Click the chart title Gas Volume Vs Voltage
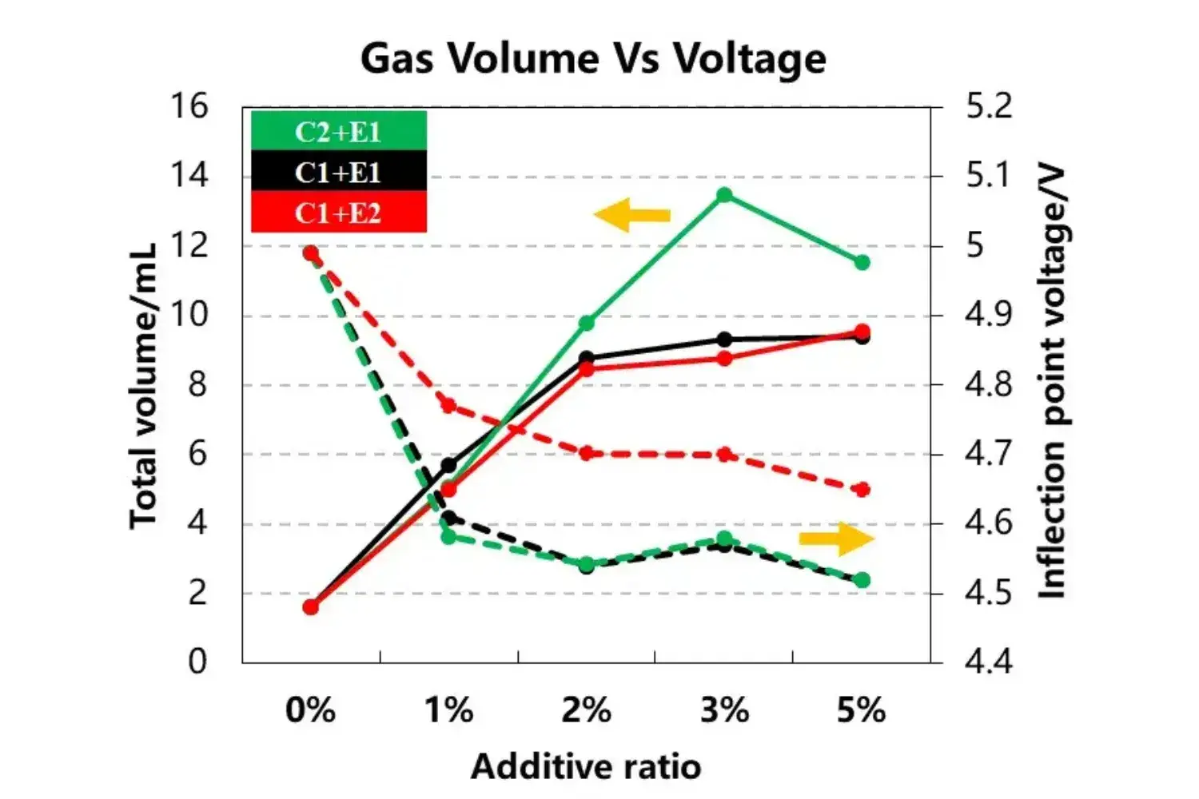click(x=593, y=58)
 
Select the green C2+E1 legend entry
click(x=338, y=131)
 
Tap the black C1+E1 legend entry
click(x=338, y=172)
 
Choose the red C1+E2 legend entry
click(x=338, y=213)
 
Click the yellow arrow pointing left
click(x=631, y=215)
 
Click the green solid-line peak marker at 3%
click(x=724, y=195)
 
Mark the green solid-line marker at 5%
click(x=862, y=262)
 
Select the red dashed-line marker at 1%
click(x=448, y=405)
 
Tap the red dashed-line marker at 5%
click(x=862, y=490)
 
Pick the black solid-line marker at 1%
click(x=448, y=465)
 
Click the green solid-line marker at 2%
click(x=587, y=323)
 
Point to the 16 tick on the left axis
click(x=189, y=105)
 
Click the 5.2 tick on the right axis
click(x=989, y=105)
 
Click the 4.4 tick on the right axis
click(x=989, y=662)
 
